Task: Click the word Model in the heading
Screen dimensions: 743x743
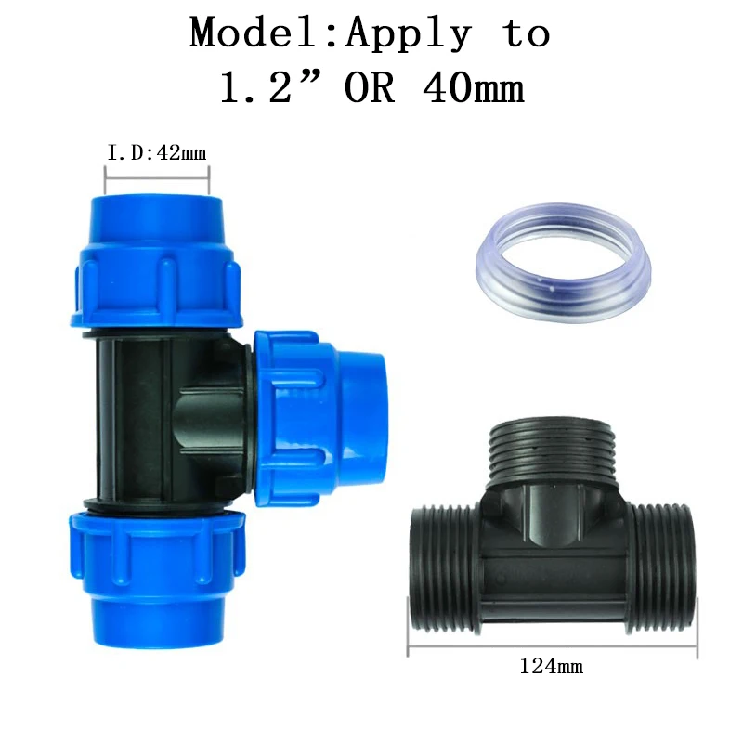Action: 253,33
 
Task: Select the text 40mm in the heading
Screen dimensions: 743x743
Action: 473,87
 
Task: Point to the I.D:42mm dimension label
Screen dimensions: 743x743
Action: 157,153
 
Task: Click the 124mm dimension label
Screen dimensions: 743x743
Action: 551,667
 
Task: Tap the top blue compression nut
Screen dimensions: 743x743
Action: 156,262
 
